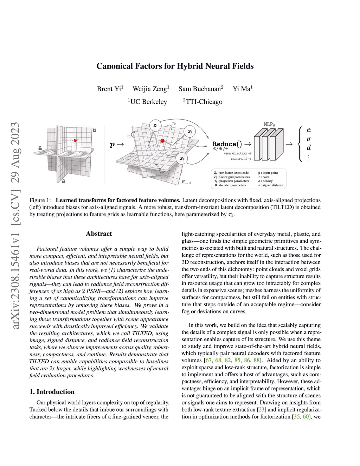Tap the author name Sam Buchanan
pos(200,89)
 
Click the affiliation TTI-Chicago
pos(204,102)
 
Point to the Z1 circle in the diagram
pos(155,125)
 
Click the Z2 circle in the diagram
pos(190,132)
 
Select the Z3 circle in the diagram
pos(182,159)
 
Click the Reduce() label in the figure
pos(227,144)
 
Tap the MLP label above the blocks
pos(269,124)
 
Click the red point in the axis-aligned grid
pos(75,140)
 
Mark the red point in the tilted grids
pos(162,141)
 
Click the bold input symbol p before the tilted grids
pos(112,144)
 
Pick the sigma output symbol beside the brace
pos(309,139)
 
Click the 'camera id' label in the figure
pos(239,159)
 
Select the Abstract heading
pos(99,234)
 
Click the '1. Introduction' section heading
pos(52,392)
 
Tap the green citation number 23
pos(261,409)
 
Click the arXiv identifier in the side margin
pos(15,225)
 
